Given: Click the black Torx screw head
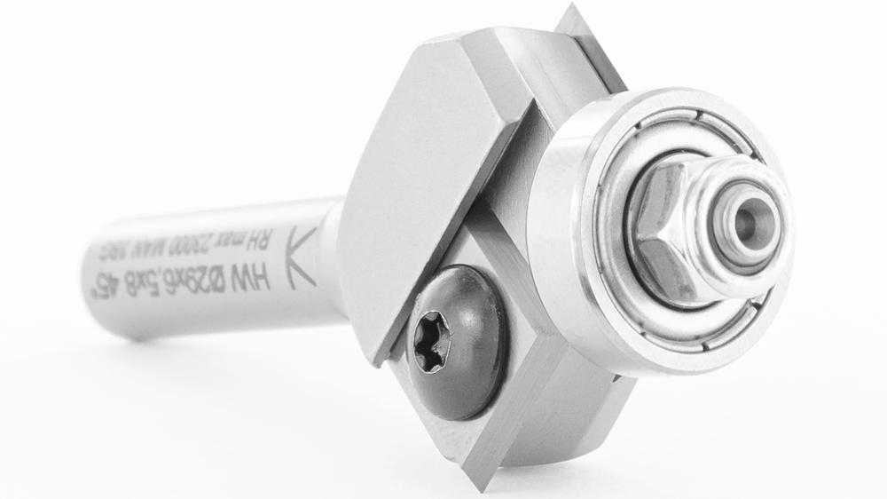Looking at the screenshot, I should point(456,341).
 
